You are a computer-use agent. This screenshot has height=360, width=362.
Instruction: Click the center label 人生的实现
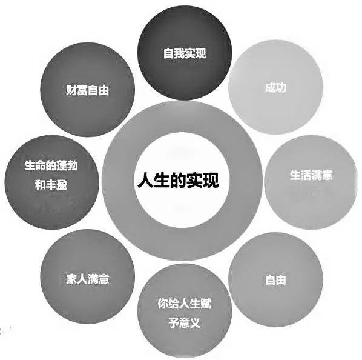(x=178, y=180)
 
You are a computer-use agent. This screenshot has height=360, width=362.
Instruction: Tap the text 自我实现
(x=185, y=53)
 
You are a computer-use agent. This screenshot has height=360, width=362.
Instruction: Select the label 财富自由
(x=87, y=90)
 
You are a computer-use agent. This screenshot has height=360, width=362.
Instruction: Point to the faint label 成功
(x=275, y=88)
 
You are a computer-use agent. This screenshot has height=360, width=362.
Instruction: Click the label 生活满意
(x=311, y=175)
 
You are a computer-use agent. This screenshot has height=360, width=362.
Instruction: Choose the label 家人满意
(x=87, y=279)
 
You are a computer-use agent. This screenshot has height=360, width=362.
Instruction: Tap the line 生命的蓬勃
(x=51, y=165)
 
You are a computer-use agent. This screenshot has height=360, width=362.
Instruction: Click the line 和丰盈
(x=51, y=185)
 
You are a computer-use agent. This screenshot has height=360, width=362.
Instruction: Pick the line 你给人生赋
(x=185, y=304)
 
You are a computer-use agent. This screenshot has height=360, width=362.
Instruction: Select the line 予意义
(x=185, y=322)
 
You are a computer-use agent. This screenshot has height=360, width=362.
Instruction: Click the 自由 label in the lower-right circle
(x=275, y=280)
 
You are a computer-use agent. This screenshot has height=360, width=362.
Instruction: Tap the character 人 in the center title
(x=145, y=180)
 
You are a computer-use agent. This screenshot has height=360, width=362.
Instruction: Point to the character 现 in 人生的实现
(x=211, y=180)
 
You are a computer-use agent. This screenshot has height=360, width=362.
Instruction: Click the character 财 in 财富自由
(x=71, y=90)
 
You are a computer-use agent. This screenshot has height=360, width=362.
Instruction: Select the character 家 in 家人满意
(x=71, y=279)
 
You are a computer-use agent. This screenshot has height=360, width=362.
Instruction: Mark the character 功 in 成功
(x=281, y=88)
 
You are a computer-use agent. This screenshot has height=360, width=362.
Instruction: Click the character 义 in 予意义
(x=195, y=322)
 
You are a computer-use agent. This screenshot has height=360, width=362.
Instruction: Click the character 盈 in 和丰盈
(x=62, y=185)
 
